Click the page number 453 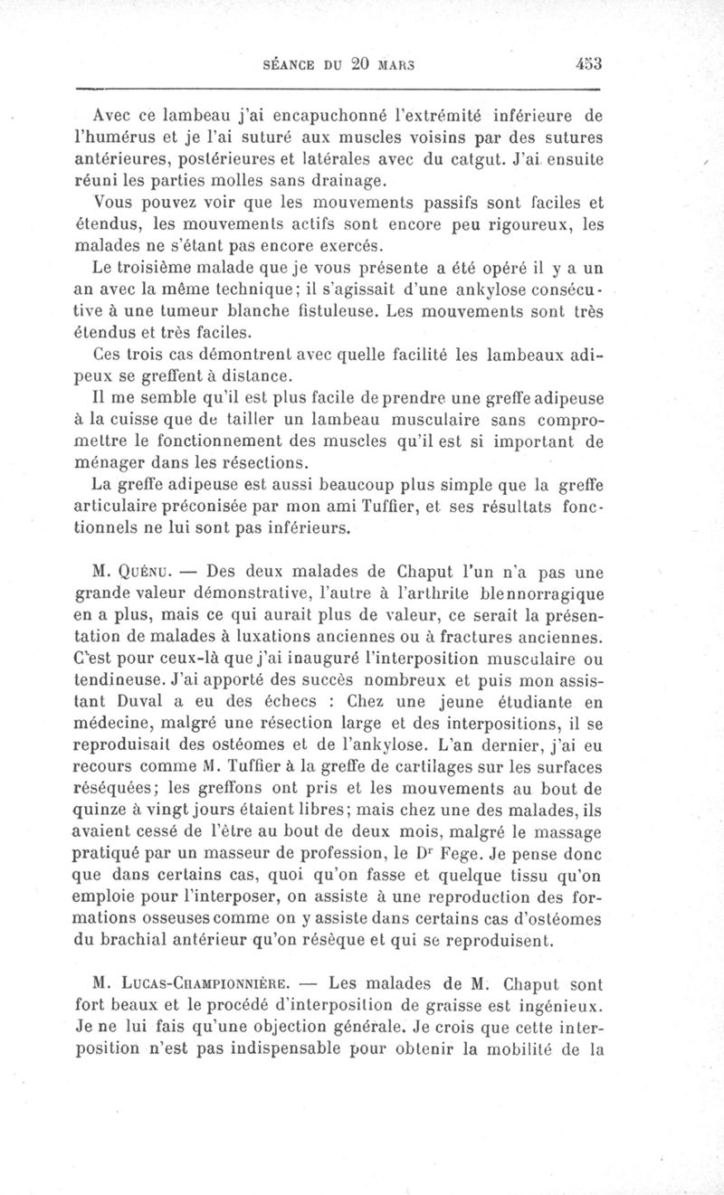588,64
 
